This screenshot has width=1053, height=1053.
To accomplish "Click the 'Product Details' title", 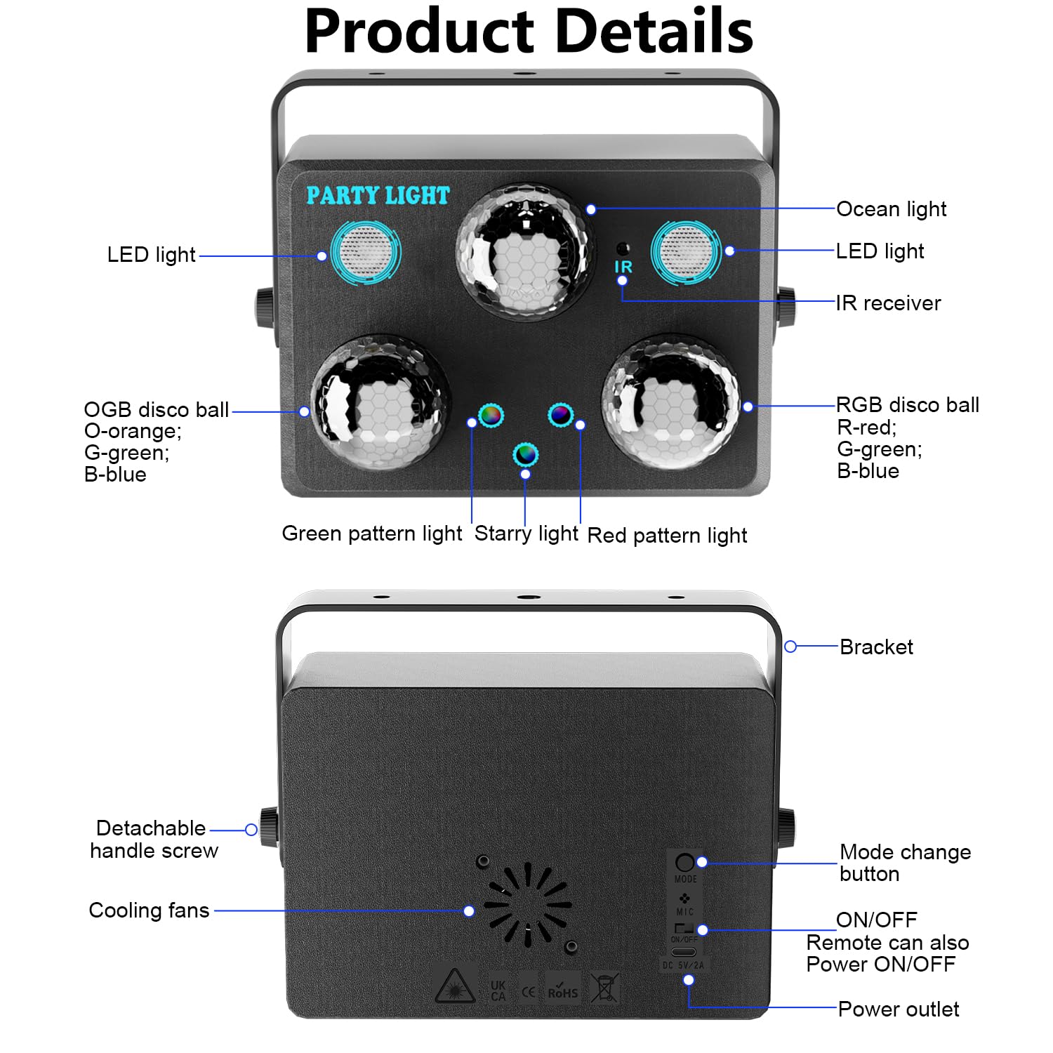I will (529, 32).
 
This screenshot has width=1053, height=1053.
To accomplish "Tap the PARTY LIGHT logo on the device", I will (378, 195).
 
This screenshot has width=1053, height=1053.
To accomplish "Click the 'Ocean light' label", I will (891, 209).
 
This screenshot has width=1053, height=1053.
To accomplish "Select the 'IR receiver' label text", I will (888, 303).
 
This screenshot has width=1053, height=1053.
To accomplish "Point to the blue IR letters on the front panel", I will (623, 267).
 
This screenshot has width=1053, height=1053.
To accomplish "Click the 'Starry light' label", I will (526, 534).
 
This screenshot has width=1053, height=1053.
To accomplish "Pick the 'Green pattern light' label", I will (371, 534).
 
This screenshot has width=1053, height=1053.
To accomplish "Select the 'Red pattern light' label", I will (667, 536).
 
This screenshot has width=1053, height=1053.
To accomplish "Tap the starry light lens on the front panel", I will (525, 454).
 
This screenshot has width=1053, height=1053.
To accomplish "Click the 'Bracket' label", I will (876, 647).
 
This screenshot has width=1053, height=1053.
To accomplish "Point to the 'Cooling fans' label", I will (149, 910).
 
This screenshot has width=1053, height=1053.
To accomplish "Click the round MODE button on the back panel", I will (684, 862).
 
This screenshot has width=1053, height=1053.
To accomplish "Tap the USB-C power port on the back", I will (684, 953).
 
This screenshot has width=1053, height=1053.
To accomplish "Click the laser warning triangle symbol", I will (455, 987).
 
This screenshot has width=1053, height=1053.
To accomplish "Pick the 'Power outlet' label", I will (898, 1009).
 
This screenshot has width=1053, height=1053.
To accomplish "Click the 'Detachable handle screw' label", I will (154, 840).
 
